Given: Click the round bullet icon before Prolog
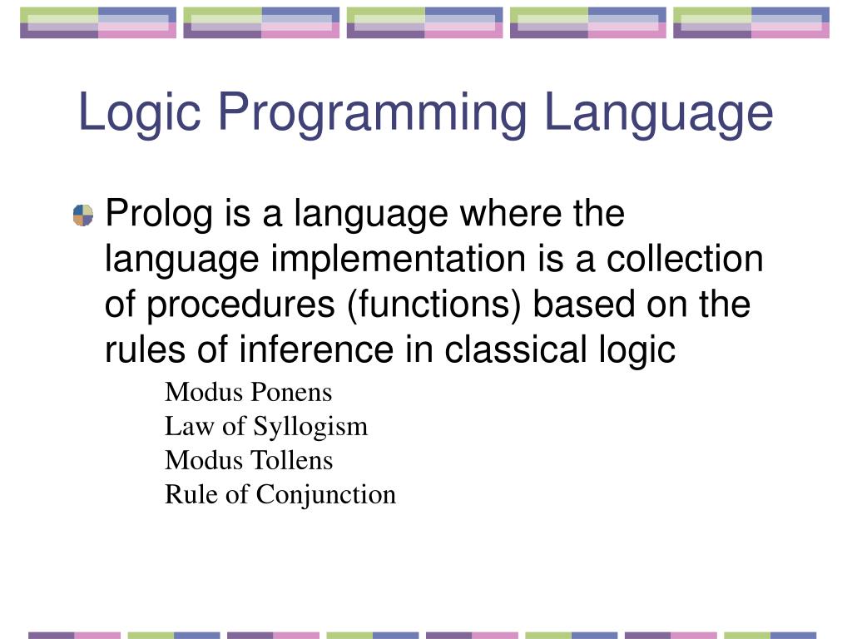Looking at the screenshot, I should tap(83, 215).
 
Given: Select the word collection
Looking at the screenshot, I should tap(684, 260).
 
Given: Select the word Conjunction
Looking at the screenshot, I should tap(326, 495).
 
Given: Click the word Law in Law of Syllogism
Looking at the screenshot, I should tap(182, 426).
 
